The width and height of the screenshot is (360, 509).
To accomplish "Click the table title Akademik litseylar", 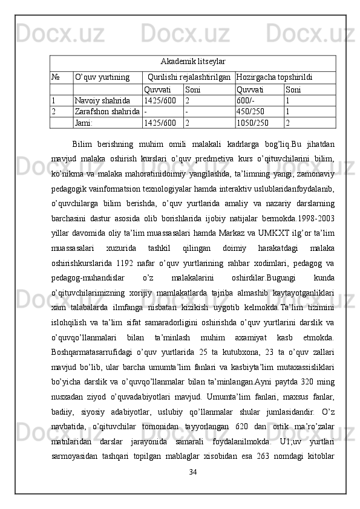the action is (x=193, y=62).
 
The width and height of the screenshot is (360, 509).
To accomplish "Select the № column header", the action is (x=55, y=77).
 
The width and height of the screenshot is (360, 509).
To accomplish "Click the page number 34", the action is (x=193, y=472).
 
